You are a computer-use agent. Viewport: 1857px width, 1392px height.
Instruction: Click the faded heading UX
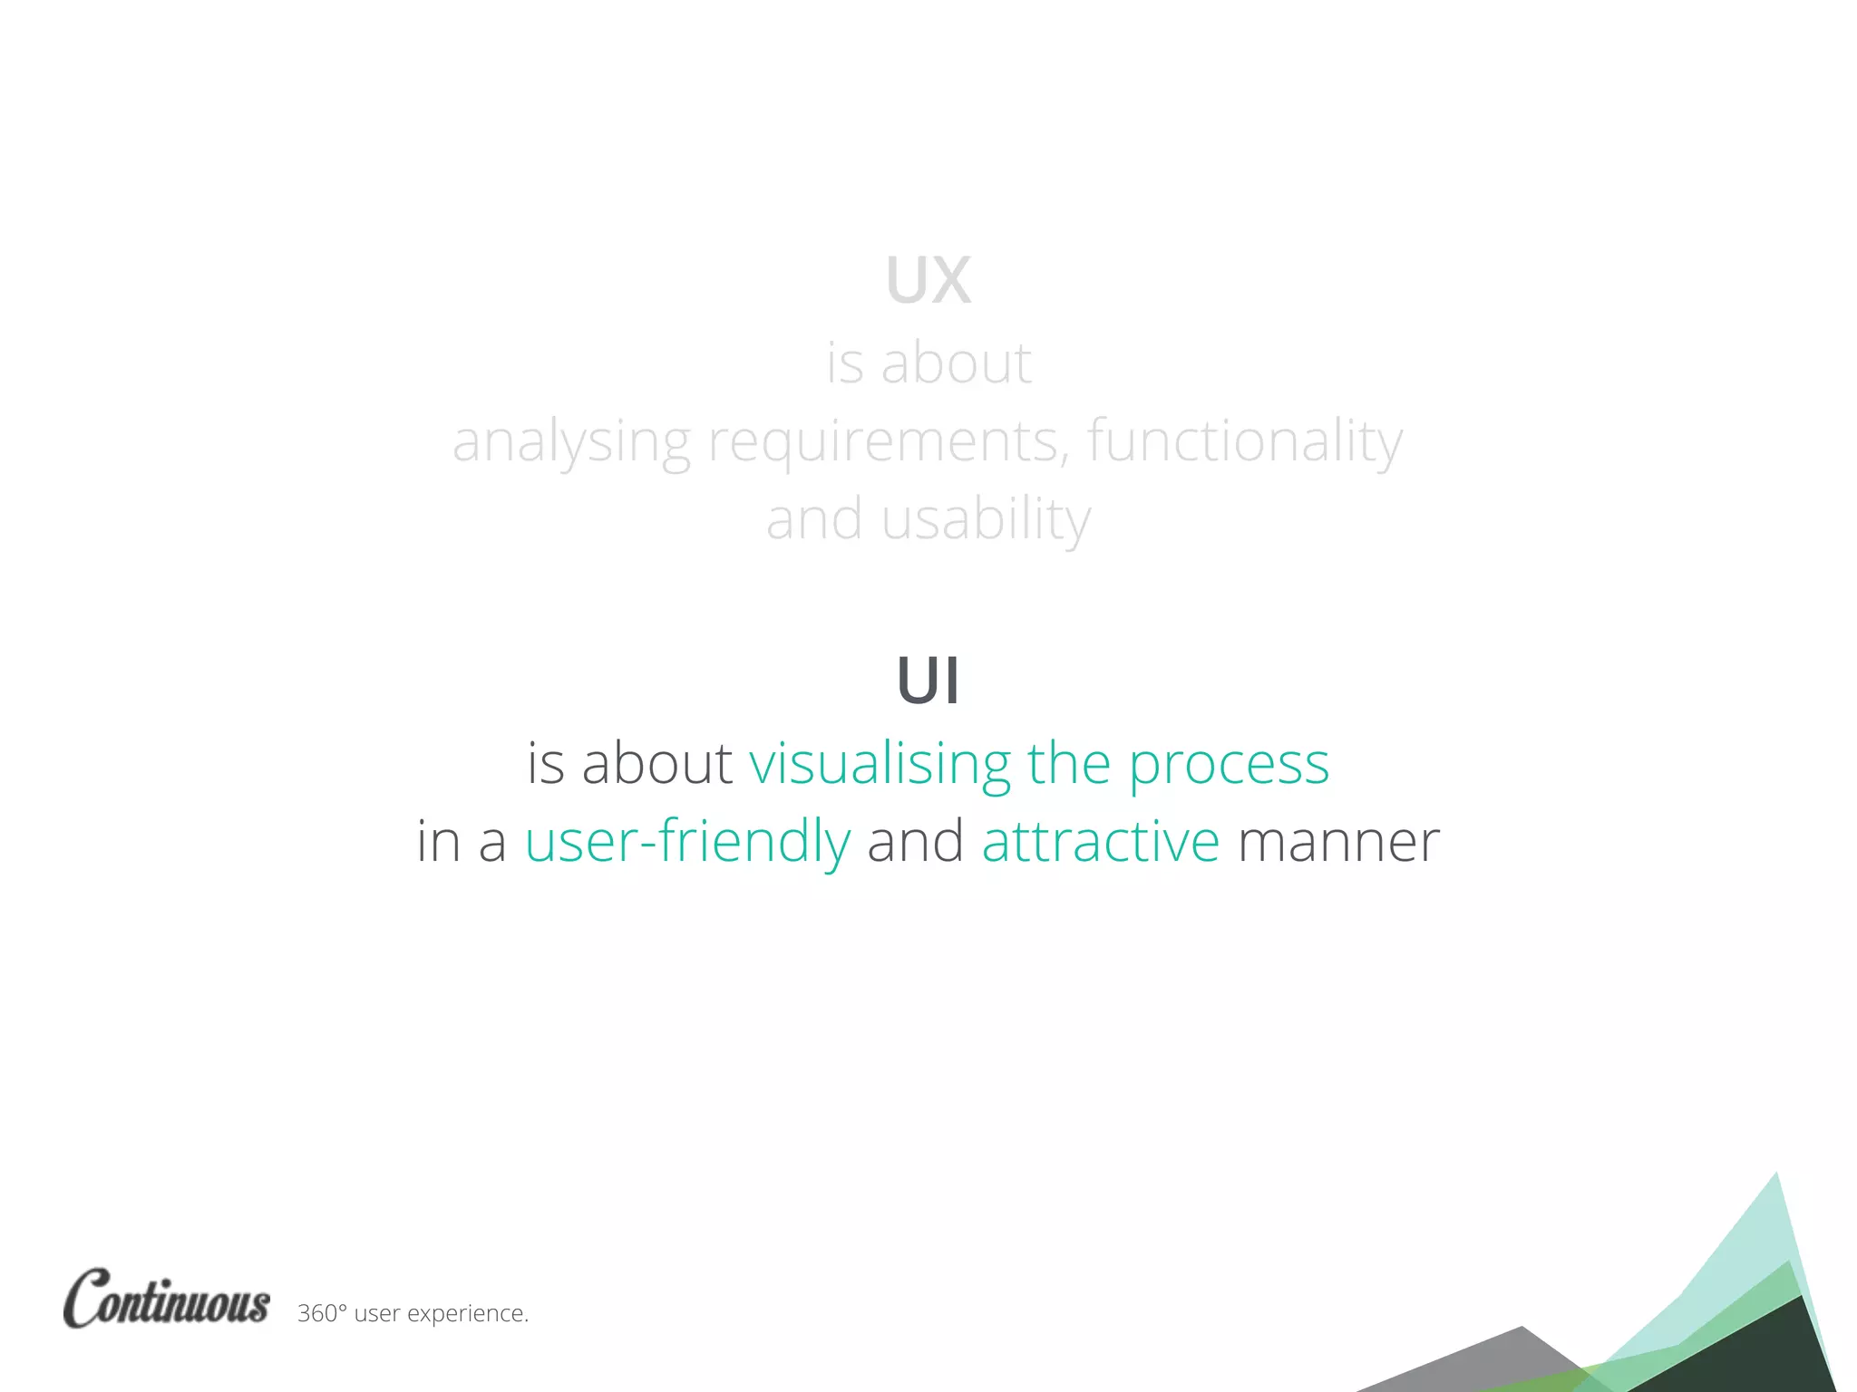[x=928, y=280]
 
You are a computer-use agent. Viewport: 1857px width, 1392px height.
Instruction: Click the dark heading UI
[x=928, y=681]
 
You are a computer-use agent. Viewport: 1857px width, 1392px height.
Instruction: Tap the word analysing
[x=571, y=442]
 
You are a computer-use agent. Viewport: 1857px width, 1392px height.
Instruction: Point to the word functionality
[x=1244, y=442]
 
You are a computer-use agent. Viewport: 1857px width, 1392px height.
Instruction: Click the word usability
[x=986, y=520]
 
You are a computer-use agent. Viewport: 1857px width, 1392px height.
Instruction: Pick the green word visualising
[x=880, y=763]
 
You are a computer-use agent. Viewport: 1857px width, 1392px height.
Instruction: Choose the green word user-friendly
[x=687, y=841]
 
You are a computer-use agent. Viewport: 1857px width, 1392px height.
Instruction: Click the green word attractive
[x=1101, y=841]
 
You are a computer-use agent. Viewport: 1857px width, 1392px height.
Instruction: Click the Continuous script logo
[x=167, y=1300]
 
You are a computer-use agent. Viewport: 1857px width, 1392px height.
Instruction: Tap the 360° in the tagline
[x=322, y=1313]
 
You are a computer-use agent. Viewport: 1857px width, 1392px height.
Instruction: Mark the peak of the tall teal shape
[x=1775, y=1175]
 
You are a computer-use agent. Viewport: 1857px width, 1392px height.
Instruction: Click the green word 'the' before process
[x=1068, y=763]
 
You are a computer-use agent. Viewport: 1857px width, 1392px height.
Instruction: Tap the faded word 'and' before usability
[x=813, y=520]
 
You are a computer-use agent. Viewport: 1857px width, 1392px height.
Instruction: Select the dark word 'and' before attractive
[x=916, y=841]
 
